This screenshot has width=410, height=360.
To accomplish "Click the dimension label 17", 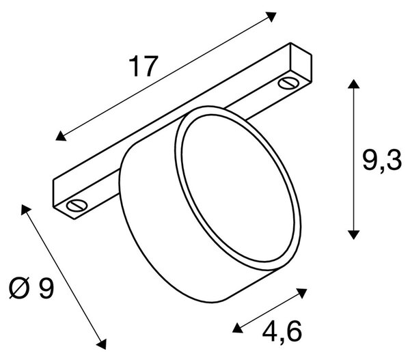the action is (143, 66).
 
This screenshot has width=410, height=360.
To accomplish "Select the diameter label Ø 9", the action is (31, 288).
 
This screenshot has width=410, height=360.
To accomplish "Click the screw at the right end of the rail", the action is (288, 83).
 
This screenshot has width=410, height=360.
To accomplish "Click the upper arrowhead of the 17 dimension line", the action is (271, 16).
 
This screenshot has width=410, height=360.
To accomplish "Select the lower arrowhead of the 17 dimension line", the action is (61, 136).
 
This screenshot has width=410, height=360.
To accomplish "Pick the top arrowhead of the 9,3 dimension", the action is (353, 84).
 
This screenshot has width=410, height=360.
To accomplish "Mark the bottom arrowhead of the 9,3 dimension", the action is (353, 234).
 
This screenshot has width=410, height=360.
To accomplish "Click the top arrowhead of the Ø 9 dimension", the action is (26, 210).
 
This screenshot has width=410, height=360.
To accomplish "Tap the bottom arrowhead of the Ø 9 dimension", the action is (101, 344).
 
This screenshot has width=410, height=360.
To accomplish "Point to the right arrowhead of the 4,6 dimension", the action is (302, 293).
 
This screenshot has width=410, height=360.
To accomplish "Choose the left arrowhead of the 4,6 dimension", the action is (238, 328).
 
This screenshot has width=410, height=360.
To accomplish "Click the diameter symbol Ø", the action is (18, 288).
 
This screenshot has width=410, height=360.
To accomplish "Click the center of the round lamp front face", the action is (238, 189).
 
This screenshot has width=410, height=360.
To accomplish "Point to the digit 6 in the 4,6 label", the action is (294, 331).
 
